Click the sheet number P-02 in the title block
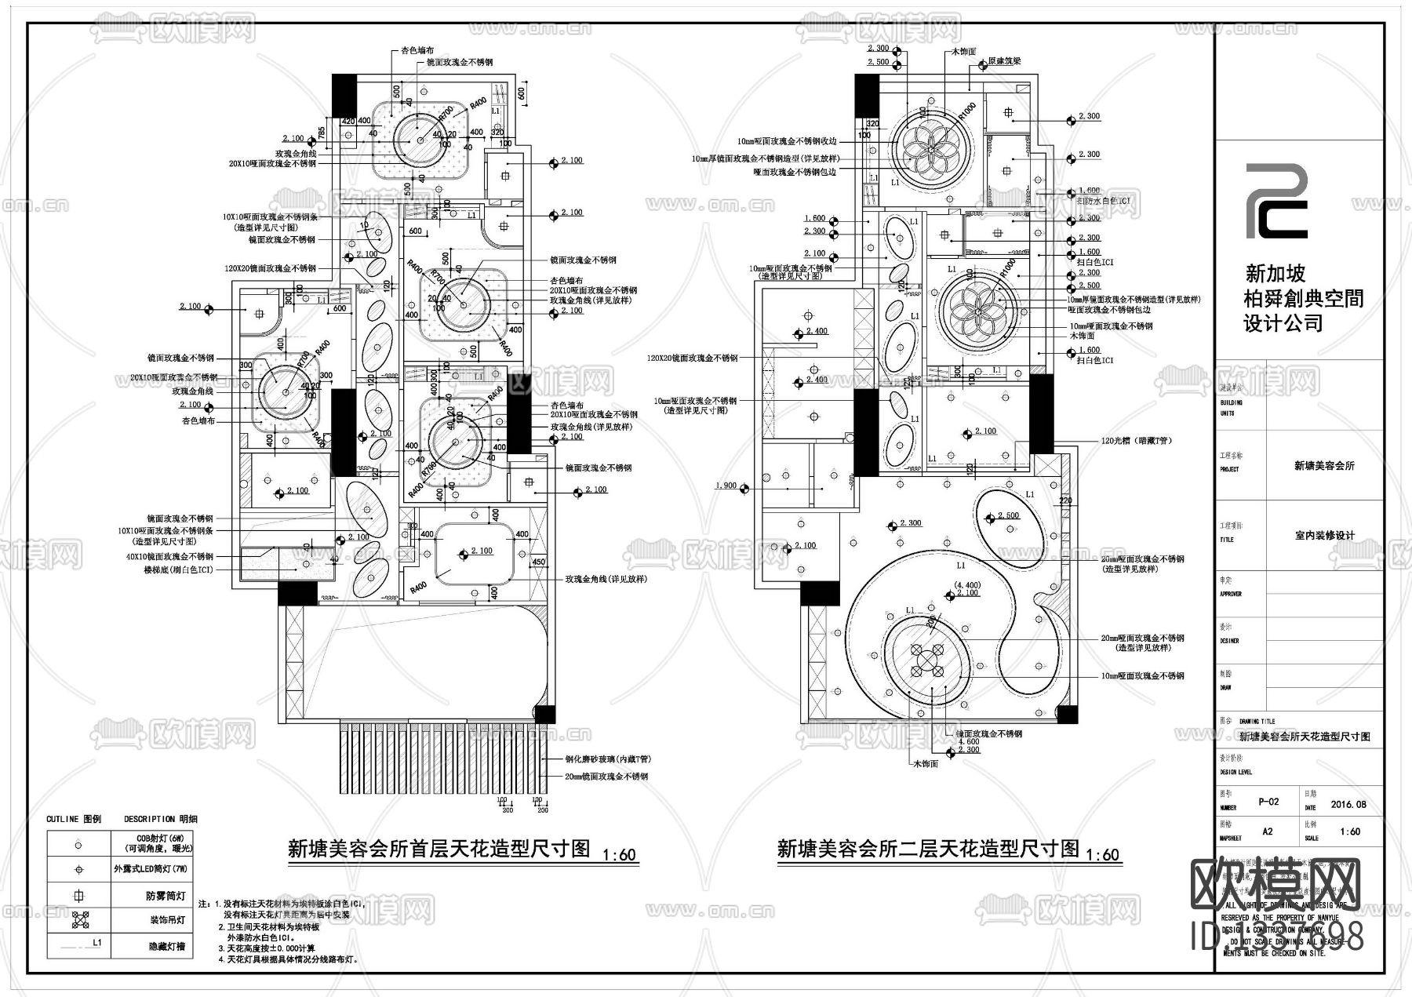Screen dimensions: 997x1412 point(1268,802)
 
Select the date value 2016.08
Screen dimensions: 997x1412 point(1348,804)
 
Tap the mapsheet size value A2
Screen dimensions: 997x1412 point(1268,831)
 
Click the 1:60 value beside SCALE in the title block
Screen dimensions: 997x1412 point(1350,831)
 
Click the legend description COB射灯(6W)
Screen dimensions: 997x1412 point(169,838)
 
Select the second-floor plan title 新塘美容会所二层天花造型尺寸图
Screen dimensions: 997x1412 point(928,849)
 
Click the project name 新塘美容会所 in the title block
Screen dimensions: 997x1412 point(1324,465)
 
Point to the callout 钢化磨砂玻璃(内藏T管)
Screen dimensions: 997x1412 point(607,759)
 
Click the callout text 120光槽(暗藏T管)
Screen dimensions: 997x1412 point(1136,442)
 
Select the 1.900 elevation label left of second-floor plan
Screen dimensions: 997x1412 point(726,486)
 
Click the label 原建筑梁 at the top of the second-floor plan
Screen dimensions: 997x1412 point(1003,60)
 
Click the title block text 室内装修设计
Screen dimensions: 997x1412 point(1324,536)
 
